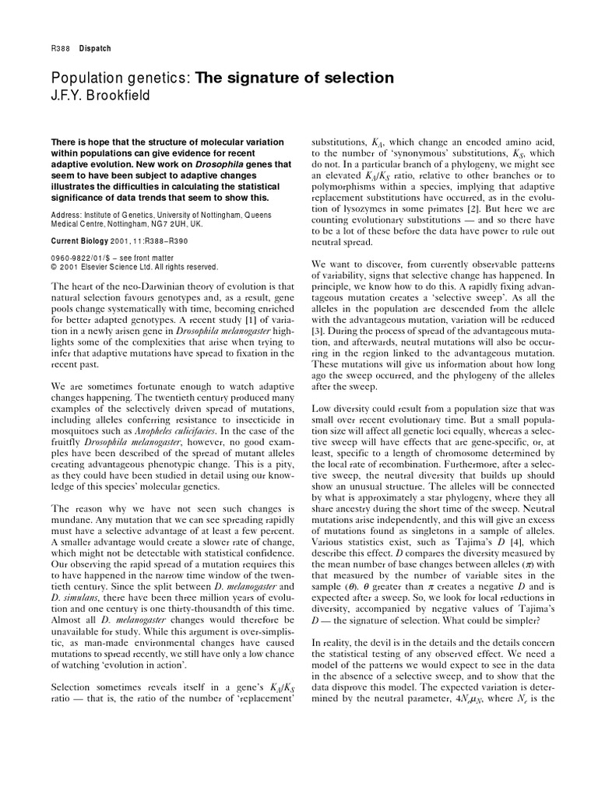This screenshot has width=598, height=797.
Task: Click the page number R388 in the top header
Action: (59, 48)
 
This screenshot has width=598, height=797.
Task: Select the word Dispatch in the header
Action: (95, 48)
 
